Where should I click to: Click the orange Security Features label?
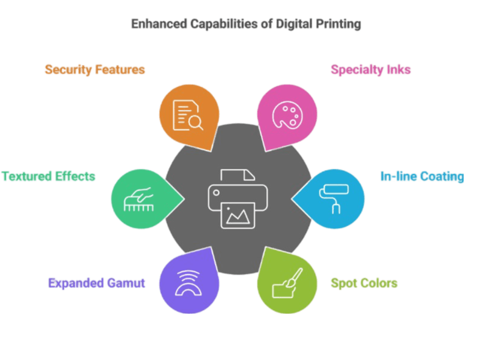(x=95, y=69)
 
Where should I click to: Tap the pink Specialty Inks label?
(x=371, y=70)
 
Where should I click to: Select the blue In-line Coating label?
(x=421, y=177)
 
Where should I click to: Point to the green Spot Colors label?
(x=364, y=283)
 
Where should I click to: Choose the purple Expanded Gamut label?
(x=97, y=282)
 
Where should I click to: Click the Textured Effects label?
(x=48, y=177)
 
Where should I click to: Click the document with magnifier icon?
(x=188, y=114)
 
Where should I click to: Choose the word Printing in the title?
(x=338, y=24)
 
